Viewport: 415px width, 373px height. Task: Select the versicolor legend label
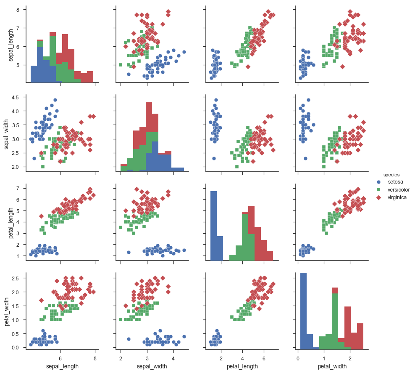click(x=398, y=189)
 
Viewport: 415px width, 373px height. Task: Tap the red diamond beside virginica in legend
click(x=378, y=197)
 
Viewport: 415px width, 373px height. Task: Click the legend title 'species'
click(x=391, y=174)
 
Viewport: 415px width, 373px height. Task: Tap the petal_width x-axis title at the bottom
click(x=332, y=366)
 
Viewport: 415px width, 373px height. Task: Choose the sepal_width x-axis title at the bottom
click(x=152, y=366)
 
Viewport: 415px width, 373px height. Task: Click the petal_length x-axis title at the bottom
click(x=242, y=366)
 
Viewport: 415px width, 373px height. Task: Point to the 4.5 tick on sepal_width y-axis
click(x=16, y=97)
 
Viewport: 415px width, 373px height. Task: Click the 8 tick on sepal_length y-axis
click(x=19, y=9)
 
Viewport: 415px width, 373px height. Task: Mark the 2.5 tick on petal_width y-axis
click(x=16, y=278)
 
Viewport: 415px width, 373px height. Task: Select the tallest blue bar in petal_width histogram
click(x=303, y=312)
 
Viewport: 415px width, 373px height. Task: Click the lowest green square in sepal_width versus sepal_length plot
click(x=43, y=167)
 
